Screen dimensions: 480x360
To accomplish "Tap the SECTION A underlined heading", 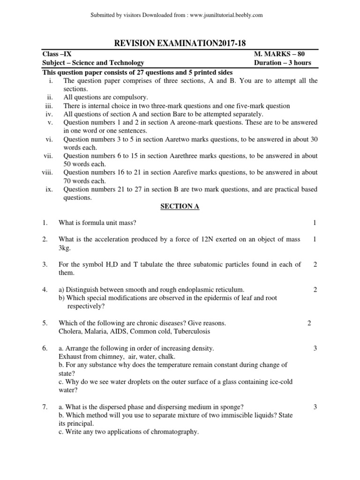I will click(x=180, y=206).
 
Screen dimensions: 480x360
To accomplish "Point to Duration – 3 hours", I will click(x=282, y=63).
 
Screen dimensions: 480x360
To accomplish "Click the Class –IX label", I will click(x=57, y=54).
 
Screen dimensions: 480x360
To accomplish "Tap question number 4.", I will click(x=45, y=290).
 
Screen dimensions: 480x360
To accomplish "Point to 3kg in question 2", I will click(x=65, y=248).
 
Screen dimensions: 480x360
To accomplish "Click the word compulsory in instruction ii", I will click(x=132, y=97).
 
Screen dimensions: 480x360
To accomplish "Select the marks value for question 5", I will click(x=309, y=323).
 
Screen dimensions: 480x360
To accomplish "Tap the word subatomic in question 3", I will click(x=202, y=264).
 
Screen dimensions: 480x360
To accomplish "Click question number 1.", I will click(x=45, y=223).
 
